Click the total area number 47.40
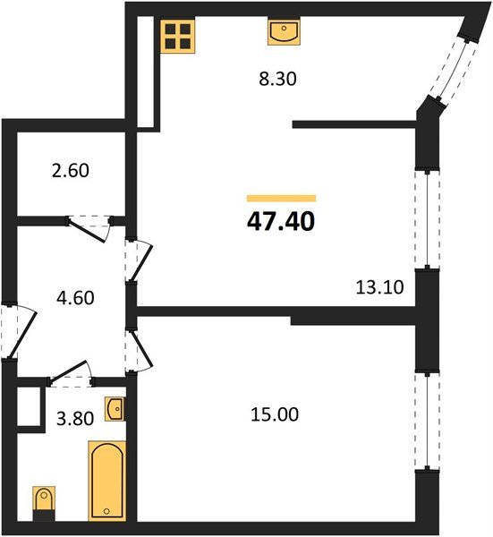tap(281, 220)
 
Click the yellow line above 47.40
tap(281, 198)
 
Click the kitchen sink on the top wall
tap(284, 33)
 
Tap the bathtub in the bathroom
tap(105, 480)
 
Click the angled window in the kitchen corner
tap(451, 68)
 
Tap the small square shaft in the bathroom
tap(30, 406)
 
